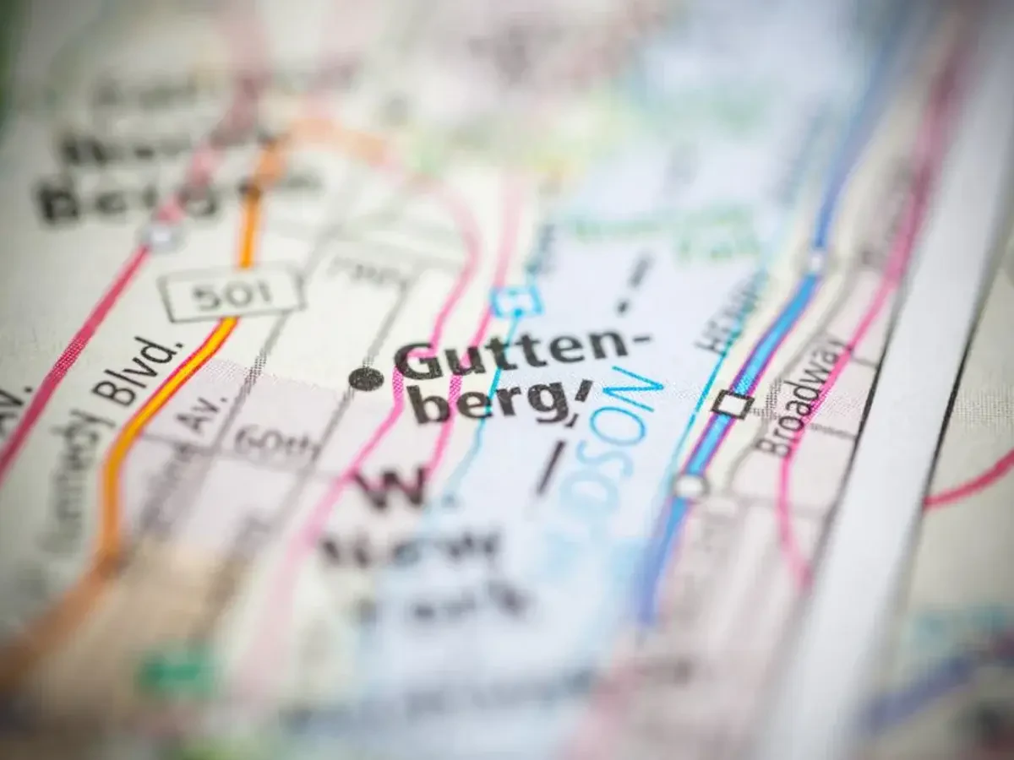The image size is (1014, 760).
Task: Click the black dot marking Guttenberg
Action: click(x=366, y=379)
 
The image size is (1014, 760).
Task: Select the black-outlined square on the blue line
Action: click(x=732, y=404)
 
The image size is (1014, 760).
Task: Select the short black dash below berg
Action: click(x=550, y=468)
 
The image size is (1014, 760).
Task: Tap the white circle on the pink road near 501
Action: click(x=160, y=235)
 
